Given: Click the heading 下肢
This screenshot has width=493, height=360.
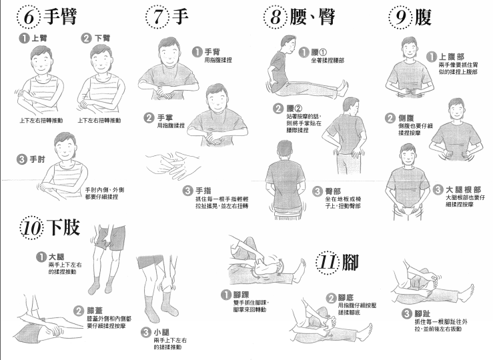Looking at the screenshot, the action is coord(63,227).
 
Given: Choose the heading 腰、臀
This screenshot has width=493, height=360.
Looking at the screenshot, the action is coord(312,17).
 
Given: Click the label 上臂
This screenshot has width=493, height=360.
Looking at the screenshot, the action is coord(39,38).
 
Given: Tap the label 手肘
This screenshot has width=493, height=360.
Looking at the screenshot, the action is coord(37,159).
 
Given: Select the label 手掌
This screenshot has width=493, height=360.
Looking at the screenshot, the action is coord(165,118).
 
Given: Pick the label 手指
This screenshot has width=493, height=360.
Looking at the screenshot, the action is coord(203,191).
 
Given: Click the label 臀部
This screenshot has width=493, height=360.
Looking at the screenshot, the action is coord(333,191).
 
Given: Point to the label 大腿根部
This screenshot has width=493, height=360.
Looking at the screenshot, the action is coord(464,189).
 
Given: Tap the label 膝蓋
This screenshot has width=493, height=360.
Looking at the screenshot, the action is coord(95,311).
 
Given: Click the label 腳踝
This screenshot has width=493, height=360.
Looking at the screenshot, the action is coord(241,295).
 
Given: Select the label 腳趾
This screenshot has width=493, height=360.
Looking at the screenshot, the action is coord(422,313).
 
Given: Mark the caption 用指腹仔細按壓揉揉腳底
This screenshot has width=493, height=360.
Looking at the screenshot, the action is coord(357,309).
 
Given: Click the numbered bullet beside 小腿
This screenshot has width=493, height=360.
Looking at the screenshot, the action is coord(146,333).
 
